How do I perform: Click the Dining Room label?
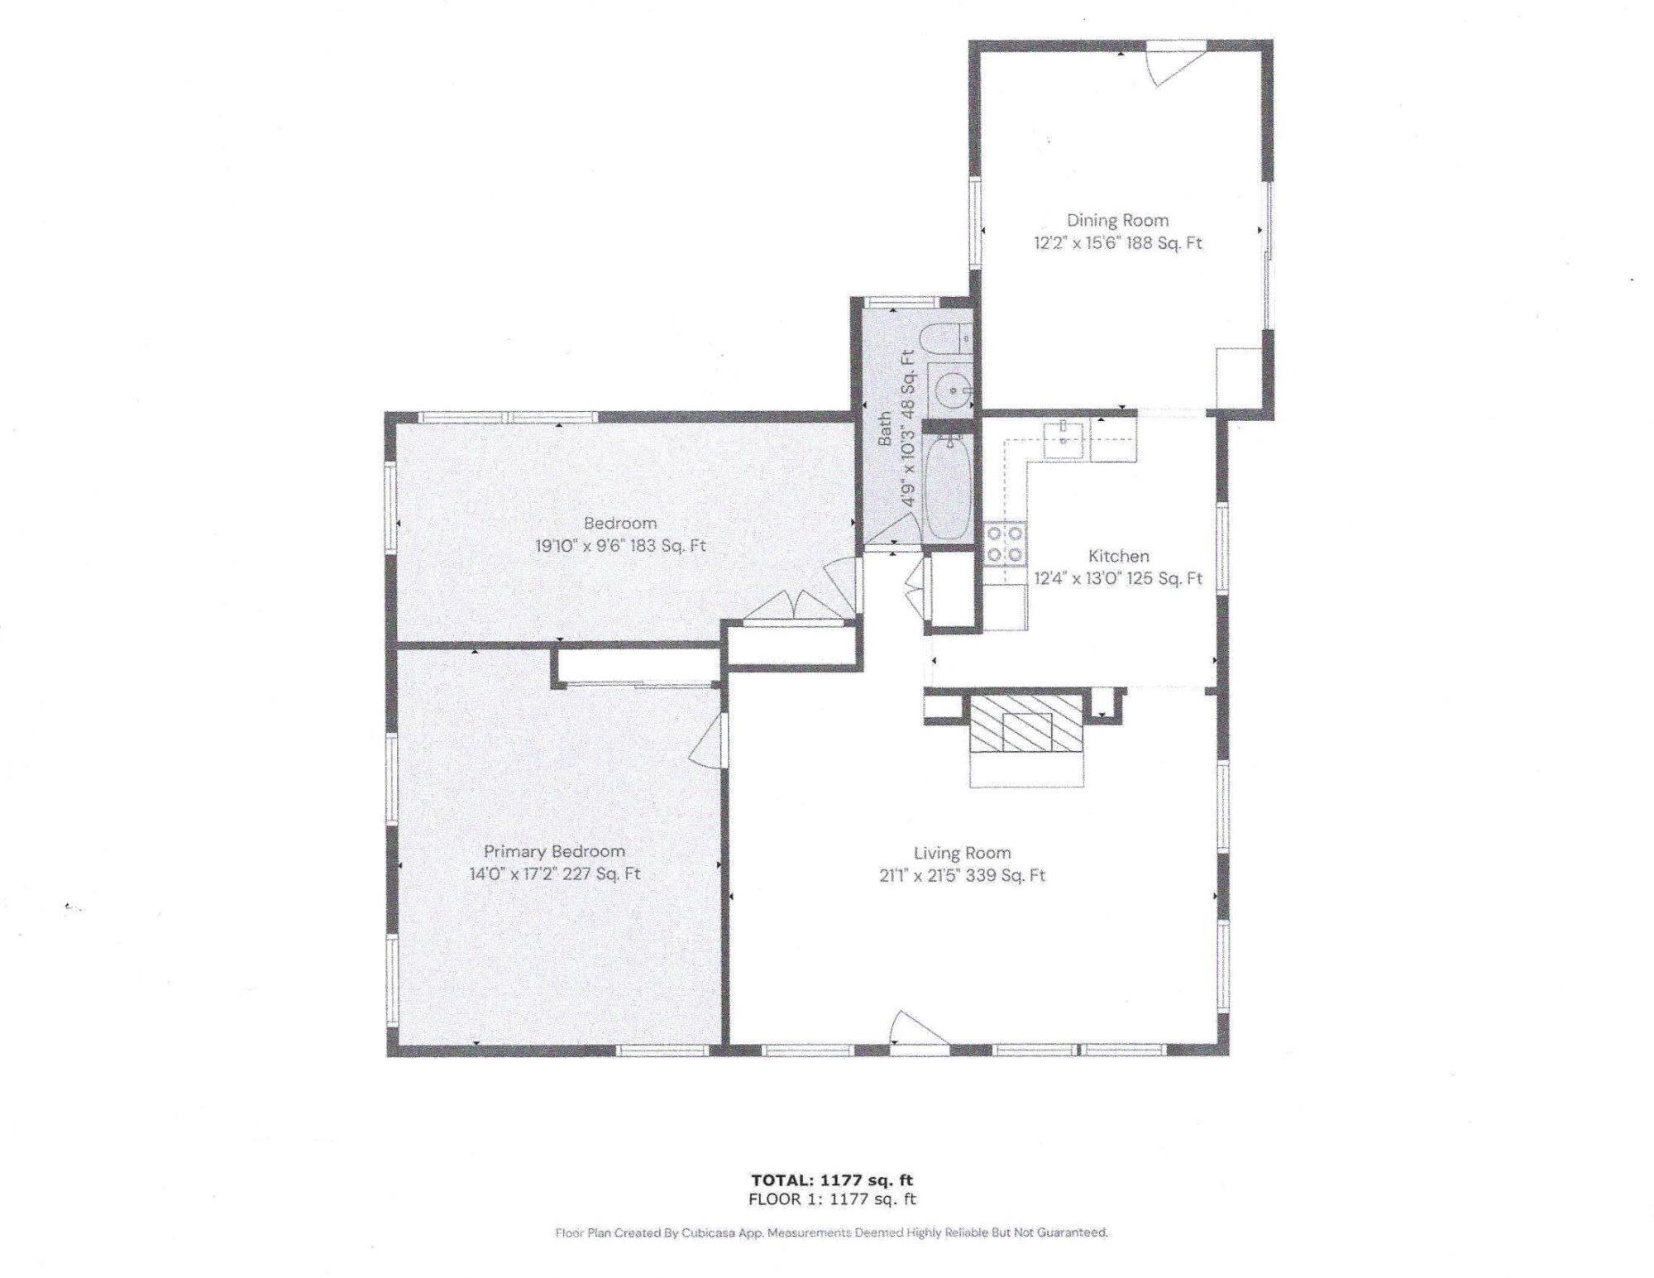pyautogui.click(x=1116, y=220)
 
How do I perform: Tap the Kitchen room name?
pyautogui.click(x=1118, y=556)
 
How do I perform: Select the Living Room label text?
pyautogui.click(x=962, y=853)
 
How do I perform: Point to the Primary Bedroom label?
pyautogui.click(x=554, y=851)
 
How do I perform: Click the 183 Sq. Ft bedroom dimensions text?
pyautogui.click(x=620, y=546)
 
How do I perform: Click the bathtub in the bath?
pyautogui.click(x=947, y=488)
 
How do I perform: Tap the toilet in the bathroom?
pyautogui.click(x=947, y=339)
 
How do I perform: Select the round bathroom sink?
pyautogui.click(x=954, y=389)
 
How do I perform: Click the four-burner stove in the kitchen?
pyautogui.click(x=1004, y=544)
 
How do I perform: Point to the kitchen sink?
pyautogui.click(x=1064, y=438)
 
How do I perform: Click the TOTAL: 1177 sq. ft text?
pyautogui.click(x=832, y=1180)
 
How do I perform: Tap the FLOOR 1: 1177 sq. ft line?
pyautogui.click(x=832, y=1199)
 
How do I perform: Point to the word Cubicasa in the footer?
pyautogui.click(x=705, y=1233)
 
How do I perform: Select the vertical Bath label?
pyautogui.click(x=885, y=428)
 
